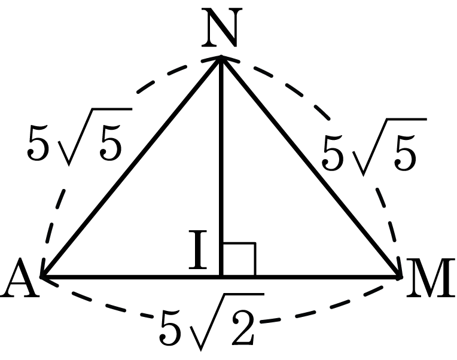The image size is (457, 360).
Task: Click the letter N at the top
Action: [x=222, y=28]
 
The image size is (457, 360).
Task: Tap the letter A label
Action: [x=20, y=277]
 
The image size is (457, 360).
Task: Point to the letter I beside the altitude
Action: [x=198, y=249]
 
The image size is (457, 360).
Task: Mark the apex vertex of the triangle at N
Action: [x=221, y=58]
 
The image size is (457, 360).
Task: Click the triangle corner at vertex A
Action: [x=43, y=276]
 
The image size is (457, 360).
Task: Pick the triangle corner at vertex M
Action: [x=400, y=276]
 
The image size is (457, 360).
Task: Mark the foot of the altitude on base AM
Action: [x=221, y=276]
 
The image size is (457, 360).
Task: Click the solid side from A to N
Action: [x=132, y=167]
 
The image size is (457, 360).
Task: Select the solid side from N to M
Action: [x=310, y=167]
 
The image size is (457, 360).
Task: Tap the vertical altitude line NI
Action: [x=221, y=167]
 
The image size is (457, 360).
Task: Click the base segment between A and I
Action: [x=132, y=276]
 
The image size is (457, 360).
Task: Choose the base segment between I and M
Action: [x=310, y=276]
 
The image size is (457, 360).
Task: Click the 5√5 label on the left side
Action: [x=80, y=137]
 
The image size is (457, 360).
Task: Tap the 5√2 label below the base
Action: [x=212, y=322]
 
